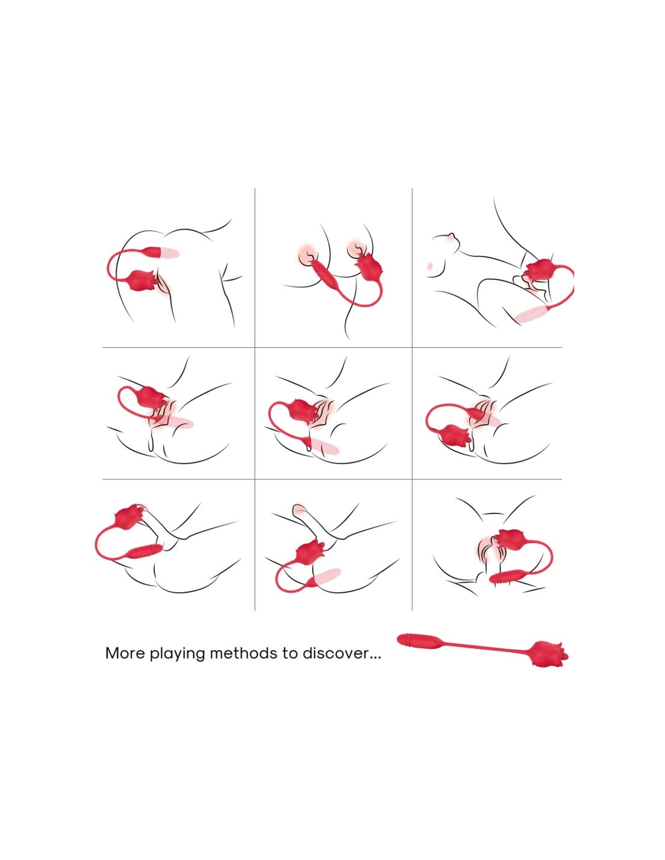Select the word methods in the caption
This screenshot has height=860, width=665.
point(243,653)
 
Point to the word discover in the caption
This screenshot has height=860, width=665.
point(336,653)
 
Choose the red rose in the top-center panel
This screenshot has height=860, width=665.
point(370,269)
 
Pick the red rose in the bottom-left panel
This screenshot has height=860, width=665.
point(129,516)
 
